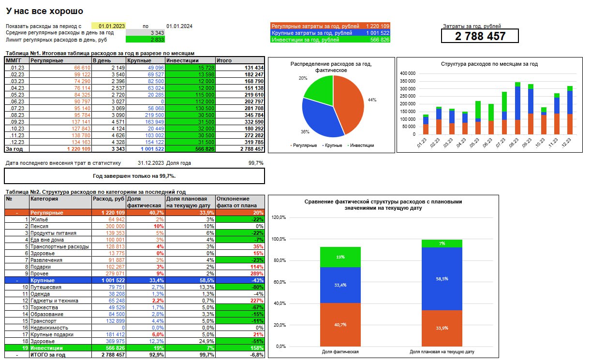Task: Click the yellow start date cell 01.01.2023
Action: click(108, 26)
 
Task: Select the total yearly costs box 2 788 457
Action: click(480, 36)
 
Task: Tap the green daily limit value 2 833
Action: click(145, 40)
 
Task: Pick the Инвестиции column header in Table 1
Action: click(182, 60)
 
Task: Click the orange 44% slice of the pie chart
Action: click(349, 104)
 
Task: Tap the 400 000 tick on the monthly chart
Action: click(408, 73)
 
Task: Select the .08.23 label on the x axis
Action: click(514, 143)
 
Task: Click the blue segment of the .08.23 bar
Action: click(517, 103)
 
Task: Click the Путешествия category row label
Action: click(46, 287)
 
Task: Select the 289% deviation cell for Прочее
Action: click(256, 274)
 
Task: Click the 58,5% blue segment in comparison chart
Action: click(442, 279)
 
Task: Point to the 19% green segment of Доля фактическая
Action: click(340, 257)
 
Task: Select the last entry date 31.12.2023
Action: click(151, 163)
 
